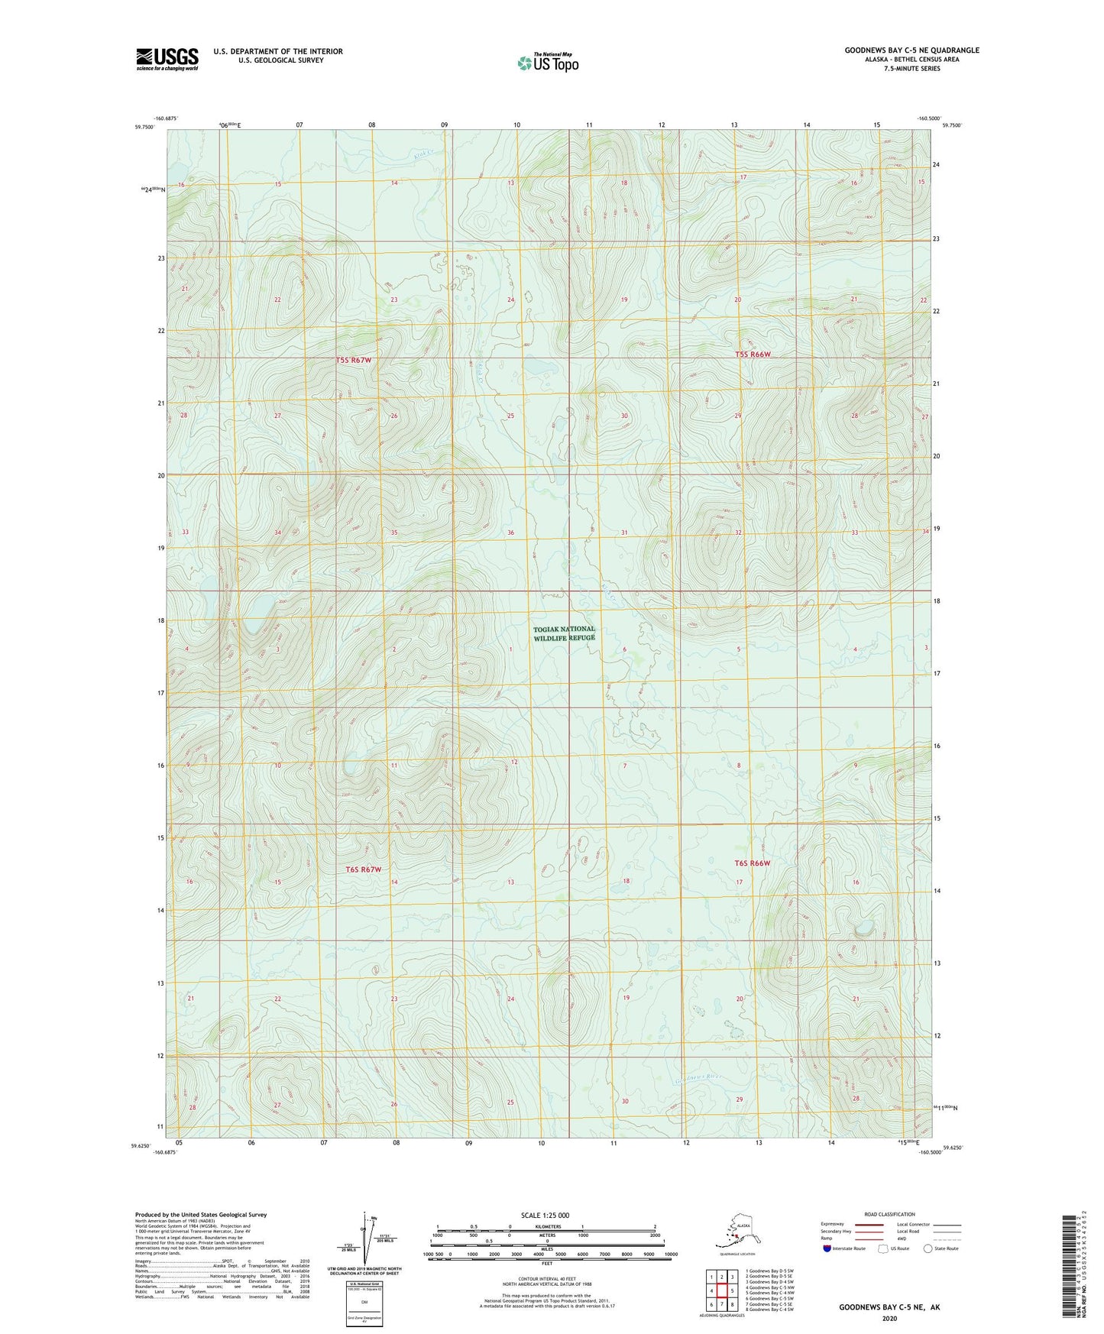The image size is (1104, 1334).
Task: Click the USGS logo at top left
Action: click(x=167, y=58)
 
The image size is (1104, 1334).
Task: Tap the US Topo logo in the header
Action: click(x=548, y=63)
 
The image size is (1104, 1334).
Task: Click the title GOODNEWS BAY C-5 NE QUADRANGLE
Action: click(x=911, y=50)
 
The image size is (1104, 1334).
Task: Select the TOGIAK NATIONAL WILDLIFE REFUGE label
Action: click(x=564, y=633)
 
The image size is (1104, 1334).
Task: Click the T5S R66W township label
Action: click(x=753, y=355)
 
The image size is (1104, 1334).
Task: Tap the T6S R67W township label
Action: click(x=363, y=869)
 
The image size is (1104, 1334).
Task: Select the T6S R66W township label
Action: click(x=752, y=863)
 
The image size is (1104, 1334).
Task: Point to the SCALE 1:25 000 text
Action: click(x=546, y=1215)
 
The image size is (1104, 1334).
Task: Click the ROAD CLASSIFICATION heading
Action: click(x=889, y=1214)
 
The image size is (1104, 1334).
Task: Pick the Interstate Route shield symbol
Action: click(x=827, y=1248)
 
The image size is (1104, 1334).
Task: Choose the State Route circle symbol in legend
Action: click(x=928, y=1248)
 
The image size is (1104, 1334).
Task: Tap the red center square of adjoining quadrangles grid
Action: click(x=721, y=1290)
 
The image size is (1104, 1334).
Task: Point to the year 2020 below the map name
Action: click(x=889, y=1318)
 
